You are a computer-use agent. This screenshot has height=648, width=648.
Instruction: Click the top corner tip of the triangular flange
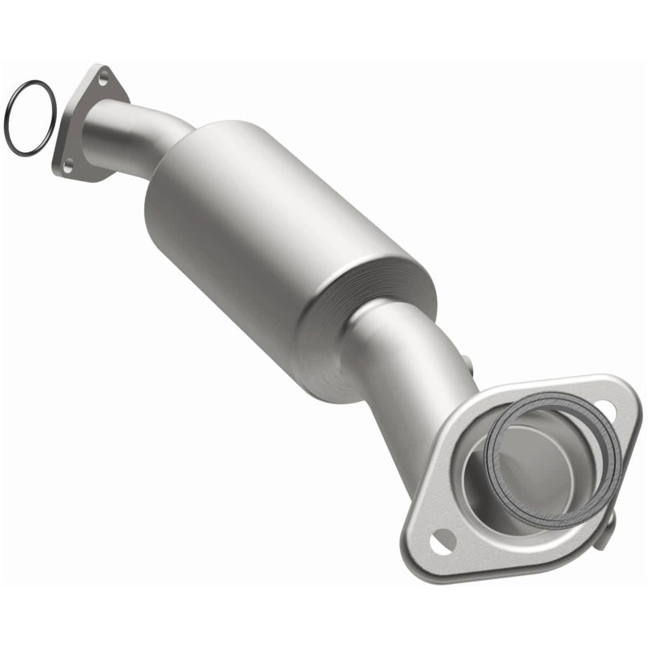point(100,66)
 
